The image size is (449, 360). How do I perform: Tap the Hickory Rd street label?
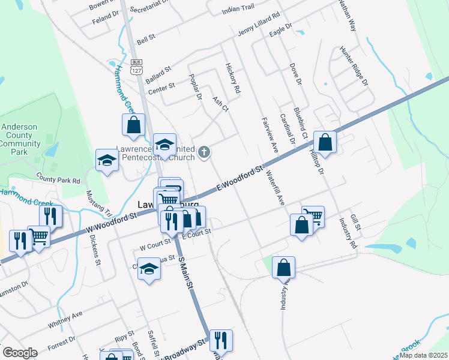[x=233, y=78]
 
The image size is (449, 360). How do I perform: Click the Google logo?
[x=20, y=352]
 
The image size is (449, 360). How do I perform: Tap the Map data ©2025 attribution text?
[x=423, y=355]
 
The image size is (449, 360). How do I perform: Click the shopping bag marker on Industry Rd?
[x=284, y=268]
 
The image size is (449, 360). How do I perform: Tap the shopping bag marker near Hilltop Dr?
[x=325, y=142]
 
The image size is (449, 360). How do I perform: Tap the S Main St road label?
[x=187, y=275]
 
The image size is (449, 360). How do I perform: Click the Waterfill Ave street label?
[x=275, y=190]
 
